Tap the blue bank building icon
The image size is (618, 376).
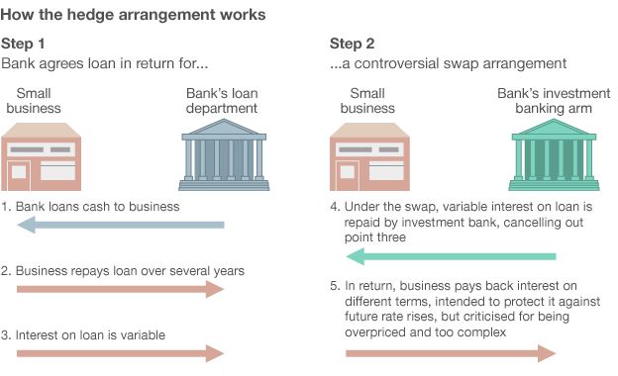224,156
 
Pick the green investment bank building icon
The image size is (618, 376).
548,156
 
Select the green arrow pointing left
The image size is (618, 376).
446,257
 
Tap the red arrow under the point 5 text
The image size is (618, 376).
446,352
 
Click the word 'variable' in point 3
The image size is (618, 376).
142,334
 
